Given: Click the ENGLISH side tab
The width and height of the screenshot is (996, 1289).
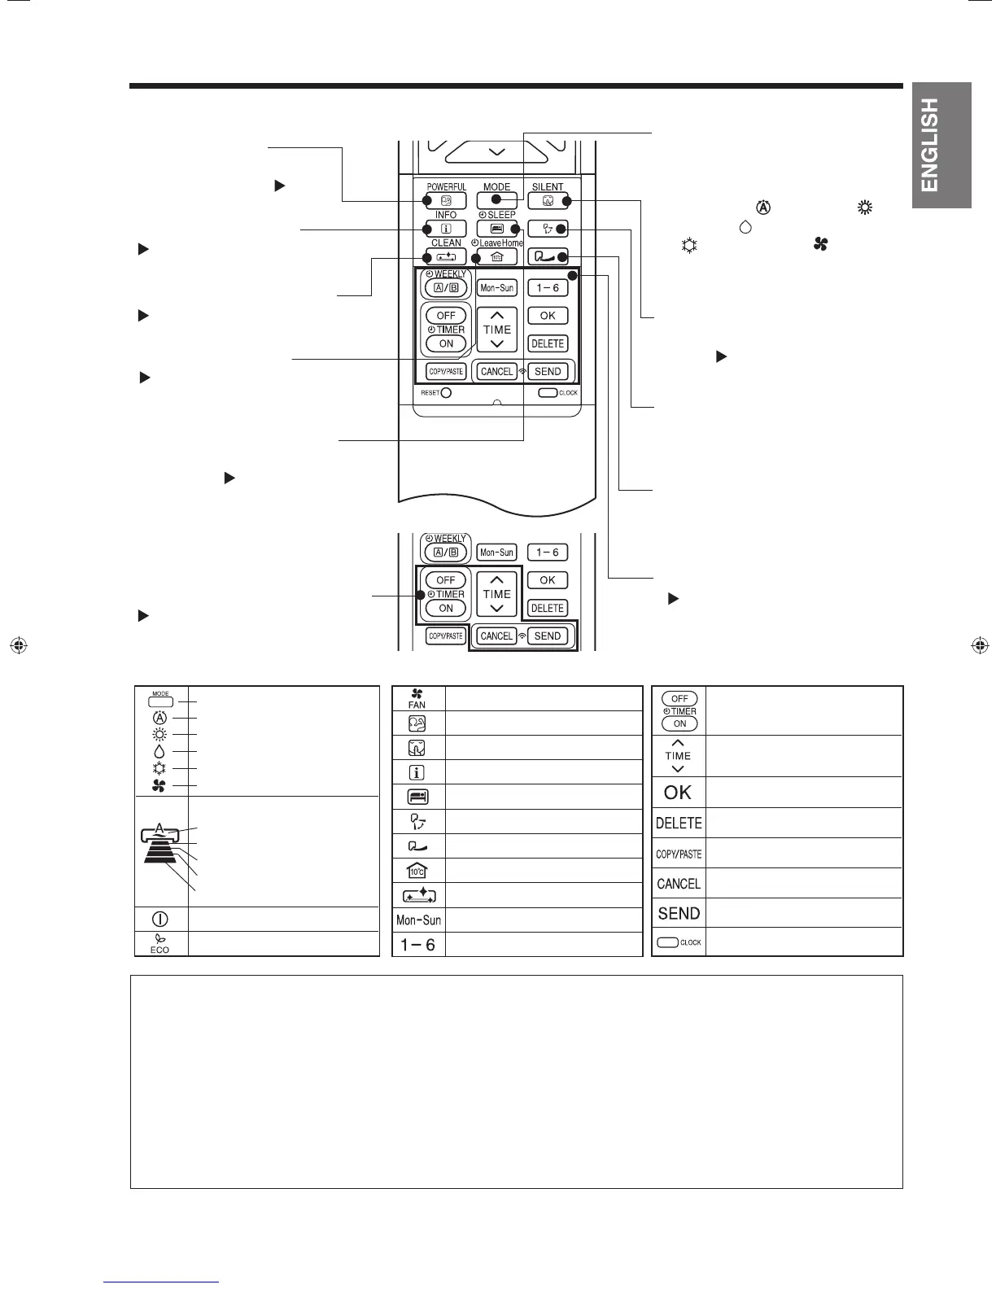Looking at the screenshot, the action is pyautogui.click(x=941, y=145).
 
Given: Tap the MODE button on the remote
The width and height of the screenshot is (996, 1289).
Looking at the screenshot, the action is pyautogui.click(x=496, y=200).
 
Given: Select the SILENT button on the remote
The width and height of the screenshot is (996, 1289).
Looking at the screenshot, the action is pyautogui.click(x=548, y=200).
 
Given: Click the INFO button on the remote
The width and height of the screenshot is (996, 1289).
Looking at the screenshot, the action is pyautogui.click(x=445, y=229).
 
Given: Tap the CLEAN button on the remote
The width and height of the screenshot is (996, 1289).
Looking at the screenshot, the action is pyautogui.click(x=445, y=257).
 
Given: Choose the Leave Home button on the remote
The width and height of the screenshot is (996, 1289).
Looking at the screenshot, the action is pyautogui.click(x=496, y=257).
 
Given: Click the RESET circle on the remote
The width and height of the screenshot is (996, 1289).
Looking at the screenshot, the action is pyautogui.click(x=446, y=393).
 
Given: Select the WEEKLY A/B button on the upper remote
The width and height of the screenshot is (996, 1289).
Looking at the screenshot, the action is pyautogui.click(x=445, y=288).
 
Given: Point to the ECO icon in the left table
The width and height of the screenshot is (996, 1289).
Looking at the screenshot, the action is pyautogui.click(x=159, y=943).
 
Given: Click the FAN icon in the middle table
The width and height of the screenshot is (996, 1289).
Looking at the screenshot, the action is pyautogui.click(x=417, y=699).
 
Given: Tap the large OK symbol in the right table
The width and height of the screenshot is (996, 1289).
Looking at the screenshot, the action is pyautogui.click(x=678, y=793).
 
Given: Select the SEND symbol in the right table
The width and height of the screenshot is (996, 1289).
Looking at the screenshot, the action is pyautogui.click(x=679, y=914).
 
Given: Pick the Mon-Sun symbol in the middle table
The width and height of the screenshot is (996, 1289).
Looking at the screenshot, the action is pyautogui.click(x=418, y=920).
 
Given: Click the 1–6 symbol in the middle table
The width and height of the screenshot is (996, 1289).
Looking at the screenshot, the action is pyautogui.click(x=417, y=944).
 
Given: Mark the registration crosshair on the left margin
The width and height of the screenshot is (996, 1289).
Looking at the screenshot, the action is pyautogui.click(x=19, y=644).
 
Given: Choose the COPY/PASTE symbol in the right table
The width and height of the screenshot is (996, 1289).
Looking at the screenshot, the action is pyautogui.click(x=679, y=854).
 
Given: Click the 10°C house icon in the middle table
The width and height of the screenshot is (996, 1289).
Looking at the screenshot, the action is pyautogui.click(x=417, y=870).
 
